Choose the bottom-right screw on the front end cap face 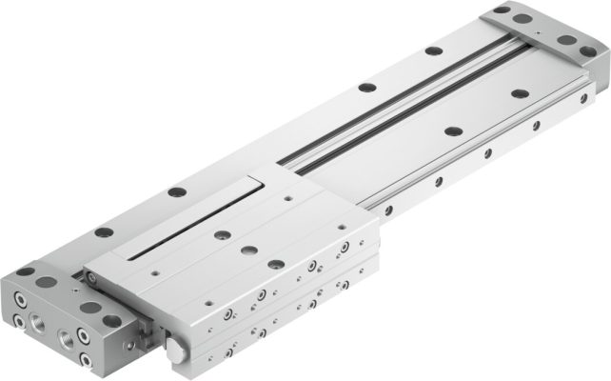click(x=88, y=360)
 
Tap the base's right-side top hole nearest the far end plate click(x=521, y=93)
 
